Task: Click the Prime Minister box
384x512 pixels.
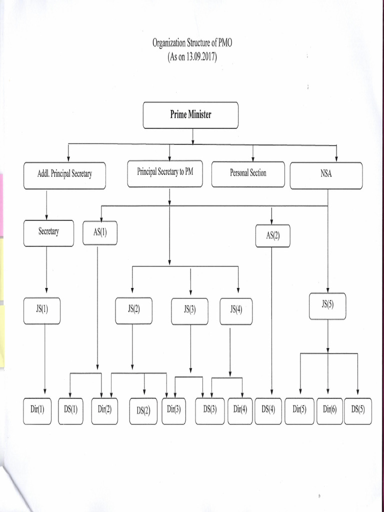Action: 190,115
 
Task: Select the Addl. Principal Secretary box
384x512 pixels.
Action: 64,175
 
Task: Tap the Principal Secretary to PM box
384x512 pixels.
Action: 165,173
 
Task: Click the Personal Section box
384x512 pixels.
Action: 248,173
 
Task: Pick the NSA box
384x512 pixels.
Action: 326,175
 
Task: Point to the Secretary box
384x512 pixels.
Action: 48,232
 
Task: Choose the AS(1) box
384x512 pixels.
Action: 100,233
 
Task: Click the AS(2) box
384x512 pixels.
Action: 272,235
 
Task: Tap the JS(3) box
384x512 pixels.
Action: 189,310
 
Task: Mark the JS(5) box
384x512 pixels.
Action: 327,305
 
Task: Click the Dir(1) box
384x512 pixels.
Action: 37,410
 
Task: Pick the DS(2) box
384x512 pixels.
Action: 143,411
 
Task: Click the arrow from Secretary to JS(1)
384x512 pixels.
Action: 46,270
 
